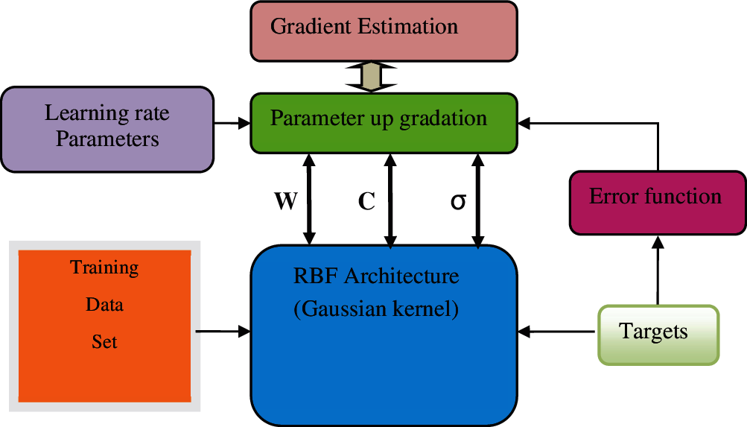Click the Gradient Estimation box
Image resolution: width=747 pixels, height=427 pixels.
click(384, 31)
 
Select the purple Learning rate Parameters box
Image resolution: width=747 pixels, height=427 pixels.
click(107, 129)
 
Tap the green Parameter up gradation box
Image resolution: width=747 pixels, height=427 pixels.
click(384, 123)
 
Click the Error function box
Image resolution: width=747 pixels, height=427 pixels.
click(658, 203)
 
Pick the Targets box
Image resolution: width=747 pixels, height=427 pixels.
click(658, 335)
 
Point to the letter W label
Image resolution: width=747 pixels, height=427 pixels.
click(286, 201)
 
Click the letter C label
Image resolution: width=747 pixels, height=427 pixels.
click(366, 201)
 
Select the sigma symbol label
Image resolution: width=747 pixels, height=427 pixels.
click(458, 202)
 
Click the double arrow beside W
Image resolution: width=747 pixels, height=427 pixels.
click(310, 199)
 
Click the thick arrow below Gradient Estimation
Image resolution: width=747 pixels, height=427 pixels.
click(371, 76)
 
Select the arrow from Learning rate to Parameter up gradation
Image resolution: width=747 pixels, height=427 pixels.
click(232, 124)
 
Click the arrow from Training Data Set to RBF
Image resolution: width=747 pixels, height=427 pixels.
click(223, 331)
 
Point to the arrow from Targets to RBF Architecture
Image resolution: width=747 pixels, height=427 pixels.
click(556, 331)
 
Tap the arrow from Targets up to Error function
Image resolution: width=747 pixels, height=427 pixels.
click(658, 271)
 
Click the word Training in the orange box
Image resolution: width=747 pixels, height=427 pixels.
click(104, 268)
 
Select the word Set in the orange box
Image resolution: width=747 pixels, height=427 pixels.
click(104, 342)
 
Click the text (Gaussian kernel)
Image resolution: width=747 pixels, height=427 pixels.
click(376, 309)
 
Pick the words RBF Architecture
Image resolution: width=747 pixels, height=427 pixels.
click(376, 276)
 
